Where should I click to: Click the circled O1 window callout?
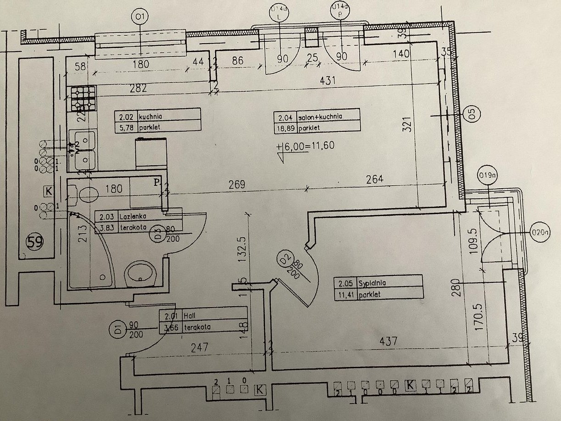140,18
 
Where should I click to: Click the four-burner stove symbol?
83,99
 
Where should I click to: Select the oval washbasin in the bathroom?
141,274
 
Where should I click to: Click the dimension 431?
328,80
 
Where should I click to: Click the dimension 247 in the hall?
200,348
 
